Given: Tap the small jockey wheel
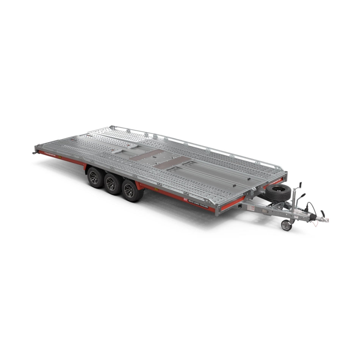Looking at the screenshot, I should [286, 225].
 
